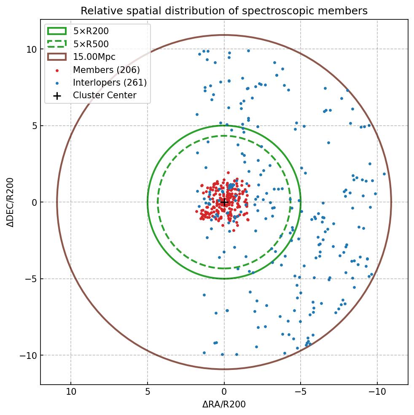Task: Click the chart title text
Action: coord(224,11)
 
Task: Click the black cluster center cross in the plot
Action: coord(224,202)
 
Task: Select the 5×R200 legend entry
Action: coord(91,31)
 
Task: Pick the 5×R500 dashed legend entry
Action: coord(91,44)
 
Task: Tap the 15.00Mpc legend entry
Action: coord(94,57)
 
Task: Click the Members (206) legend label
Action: coord(106,70)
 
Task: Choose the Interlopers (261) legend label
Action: coord(110,83)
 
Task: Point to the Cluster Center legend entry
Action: coord(105,95)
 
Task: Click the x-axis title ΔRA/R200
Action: coord(224,404)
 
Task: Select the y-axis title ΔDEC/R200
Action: coord(11,202)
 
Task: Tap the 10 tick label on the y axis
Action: coord(31,49)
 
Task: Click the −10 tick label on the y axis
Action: coord(28,356)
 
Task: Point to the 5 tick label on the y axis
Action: coord(33,126)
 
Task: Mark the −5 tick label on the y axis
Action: coord(31,279)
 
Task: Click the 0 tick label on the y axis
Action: coord(33,202)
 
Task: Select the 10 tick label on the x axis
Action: coord(71,392)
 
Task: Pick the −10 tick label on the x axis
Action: coord(377,392)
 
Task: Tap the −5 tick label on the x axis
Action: coord(301,392)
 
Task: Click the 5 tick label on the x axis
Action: coord(148,392)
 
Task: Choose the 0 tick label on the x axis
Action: coord(224,392)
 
